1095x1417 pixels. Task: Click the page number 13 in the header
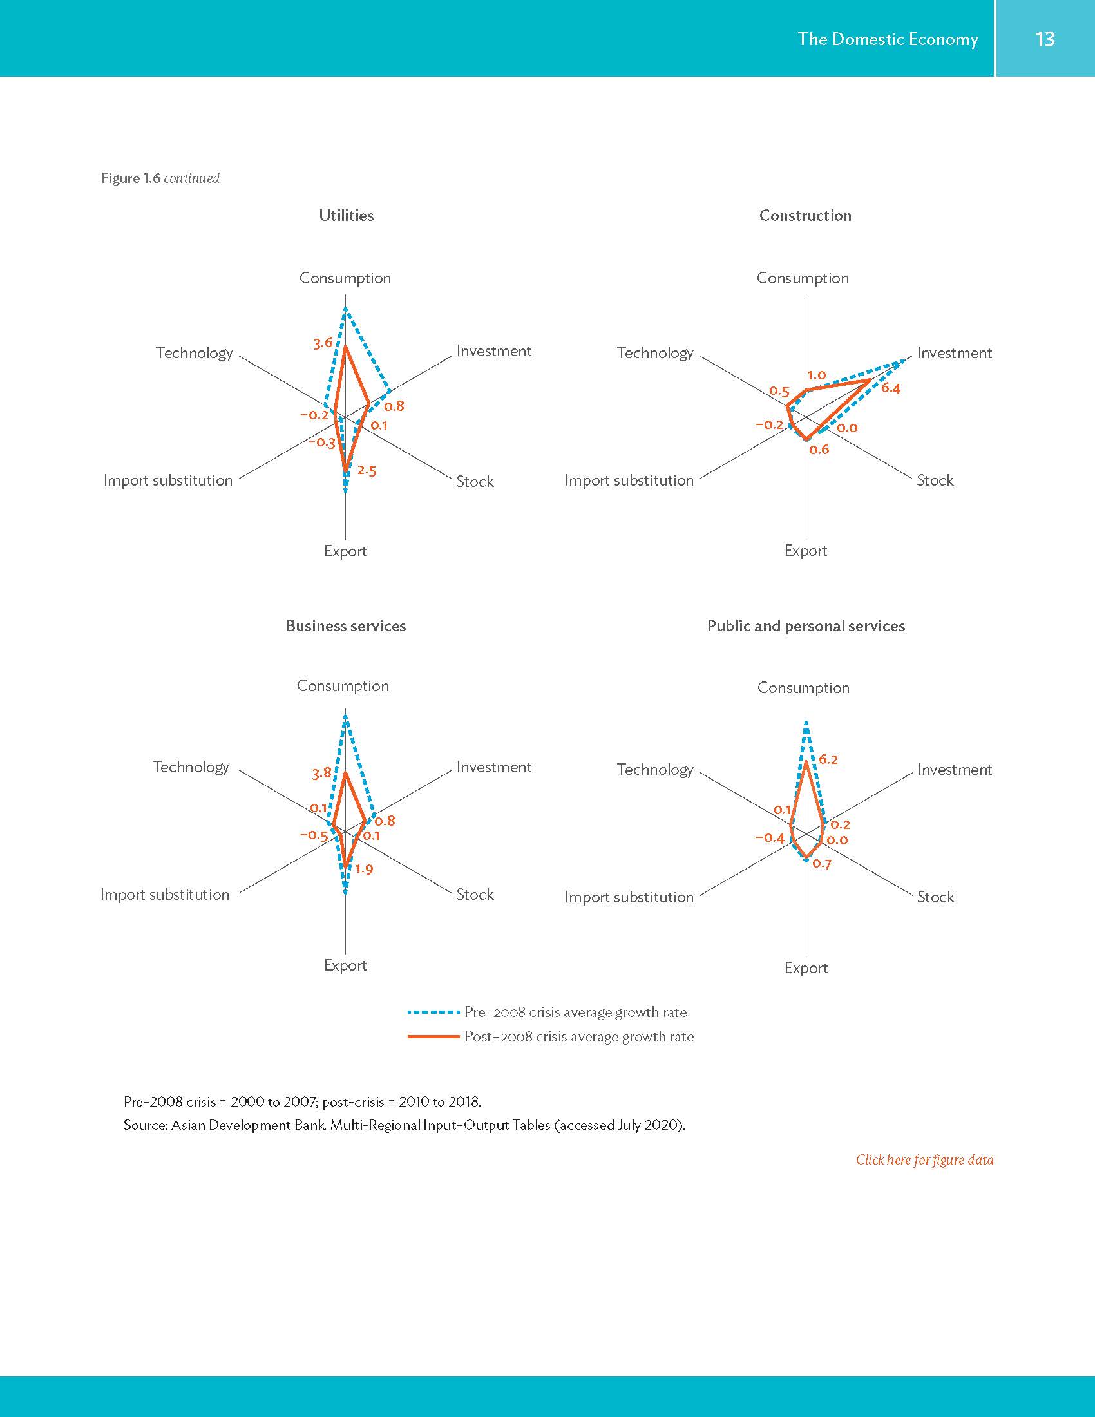1045,39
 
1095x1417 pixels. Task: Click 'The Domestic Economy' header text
888,39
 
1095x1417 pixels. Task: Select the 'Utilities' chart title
346,215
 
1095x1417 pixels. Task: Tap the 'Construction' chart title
805,215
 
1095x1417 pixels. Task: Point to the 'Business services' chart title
345,625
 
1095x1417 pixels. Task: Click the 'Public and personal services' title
806,625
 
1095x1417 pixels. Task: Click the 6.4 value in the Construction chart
891,388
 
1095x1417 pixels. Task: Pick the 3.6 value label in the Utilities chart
323,343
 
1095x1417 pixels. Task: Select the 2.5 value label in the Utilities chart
367,470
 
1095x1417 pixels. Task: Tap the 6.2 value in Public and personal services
828,759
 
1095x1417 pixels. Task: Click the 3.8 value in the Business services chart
322,773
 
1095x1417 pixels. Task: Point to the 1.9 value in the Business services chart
364,869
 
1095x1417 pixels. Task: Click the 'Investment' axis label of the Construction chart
954,353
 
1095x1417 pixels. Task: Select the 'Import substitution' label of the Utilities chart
168,480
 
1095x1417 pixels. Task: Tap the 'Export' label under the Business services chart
345,965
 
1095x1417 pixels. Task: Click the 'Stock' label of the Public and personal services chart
935,897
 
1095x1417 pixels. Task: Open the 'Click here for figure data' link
924,1159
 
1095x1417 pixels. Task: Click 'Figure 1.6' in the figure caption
130,178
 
